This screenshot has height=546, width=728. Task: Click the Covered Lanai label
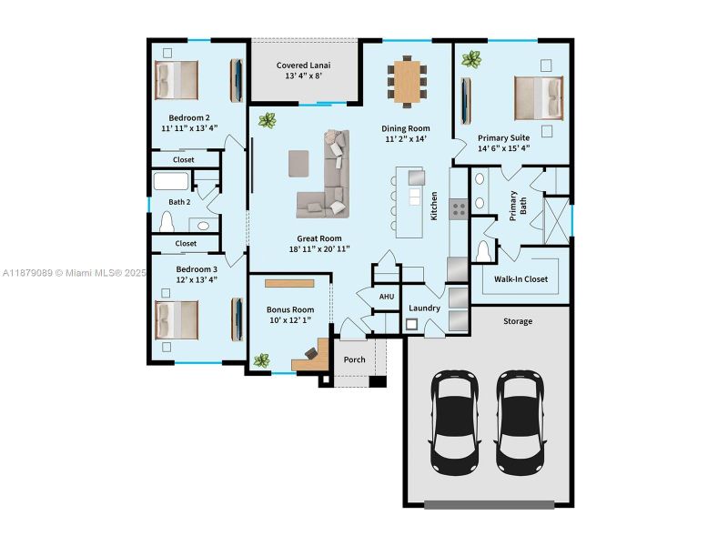point(303,66)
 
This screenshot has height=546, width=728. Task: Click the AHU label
point(387,297)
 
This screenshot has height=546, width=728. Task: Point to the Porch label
point(354,359)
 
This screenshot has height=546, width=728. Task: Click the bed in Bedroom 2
point(177,80)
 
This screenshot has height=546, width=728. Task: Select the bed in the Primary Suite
point(538,97)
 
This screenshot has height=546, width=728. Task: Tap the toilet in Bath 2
point(167,221)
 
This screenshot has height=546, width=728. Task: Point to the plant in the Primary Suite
point(470,60)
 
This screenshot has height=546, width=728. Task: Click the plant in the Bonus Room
point(262,361)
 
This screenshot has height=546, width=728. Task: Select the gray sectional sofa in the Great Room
point(327,177)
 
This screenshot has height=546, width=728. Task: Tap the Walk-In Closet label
point(521,279)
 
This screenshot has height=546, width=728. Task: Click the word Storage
point(518,321)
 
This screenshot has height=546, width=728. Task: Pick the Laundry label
point(424,308)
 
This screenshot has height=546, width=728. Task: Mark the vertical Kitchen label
point(434,206)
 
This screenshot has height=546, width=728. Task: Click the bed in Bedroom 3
point(177,319)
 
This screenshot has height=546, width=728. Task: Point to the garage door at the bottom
point(488,503)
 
